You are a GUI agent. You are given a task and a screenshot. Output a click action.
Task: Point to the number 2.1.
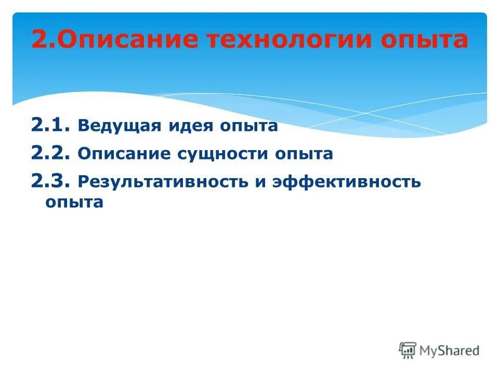(x=49, y=125)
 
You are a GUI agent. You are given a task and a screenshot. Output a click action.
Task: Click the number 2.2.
(x=49, y=153)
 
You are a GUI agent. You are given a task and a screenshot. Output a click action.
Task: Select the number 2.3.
(x=49, y=181)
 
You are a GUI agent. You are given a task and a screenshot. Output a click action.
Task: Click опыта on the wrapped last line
(x=74, y=203)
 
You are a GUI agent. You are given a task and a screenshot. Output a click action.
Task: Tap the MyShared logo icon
(x=408, y=350)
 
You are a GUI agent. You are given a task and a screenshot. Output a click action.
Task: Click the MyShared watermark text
(x=450, y=351)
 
